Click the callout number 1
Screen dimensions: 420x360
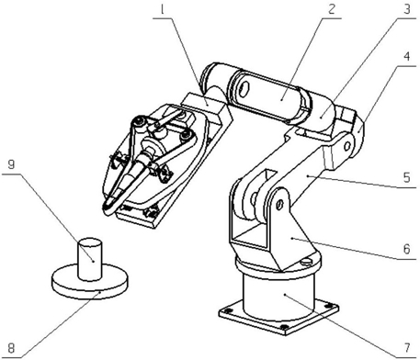point(163,10)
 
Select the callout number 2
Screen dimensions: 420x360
point(332,9)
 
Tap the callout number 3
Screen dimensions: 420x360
point(406,9)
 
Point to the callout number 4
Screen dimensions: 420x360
point(407,56)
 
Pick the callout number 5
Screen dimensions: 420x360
point(406,177)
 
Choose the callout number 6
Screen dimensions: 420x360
point(406,249)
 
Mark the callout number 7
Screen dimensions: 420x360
point(406,348)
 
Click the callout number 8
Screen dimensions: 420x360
point(11,348)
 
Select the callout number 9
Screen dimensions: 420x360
point(11,164)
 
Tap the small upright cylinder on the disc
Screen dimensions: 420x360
point(90,259)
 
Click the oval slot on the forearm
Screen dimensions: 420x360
point(244,89)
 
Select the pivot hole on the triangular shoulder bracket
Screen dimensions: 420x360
point(279,205)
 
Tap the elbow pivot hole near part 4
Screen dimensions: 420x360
point(347,146)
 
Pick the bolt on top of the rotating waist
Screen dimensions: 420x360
point(306,261)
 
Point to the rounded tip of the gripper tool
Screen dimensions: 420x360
point(108,209)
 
